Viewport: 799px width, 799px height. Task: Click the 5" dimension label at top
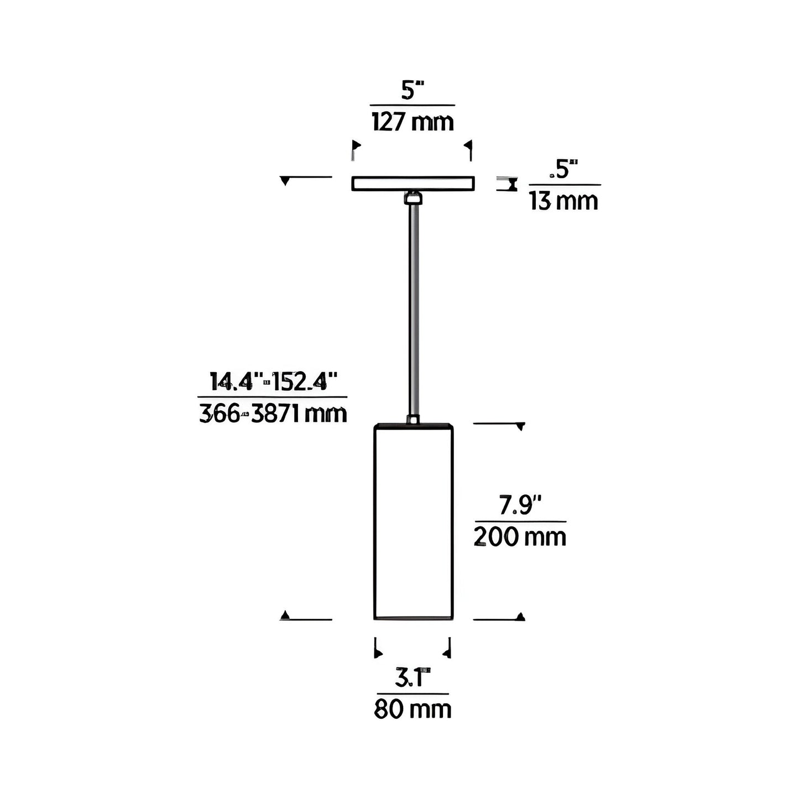[412, 91]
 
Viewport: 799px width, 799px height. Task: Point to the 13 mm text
[563, 201]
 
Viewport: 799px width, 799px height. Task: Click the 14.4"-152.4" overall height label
[273, 382]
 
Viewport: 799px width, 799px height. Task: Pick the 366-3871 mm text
[273, 414]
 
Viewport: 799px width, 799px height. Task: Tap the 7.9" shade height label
[520, 505]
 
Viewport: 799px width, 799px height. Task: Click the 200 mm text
[520, 537]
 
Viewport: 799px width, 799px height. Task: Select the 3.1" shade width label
[413, 678]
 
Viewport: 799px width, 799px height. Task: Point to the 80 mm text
[413, 709]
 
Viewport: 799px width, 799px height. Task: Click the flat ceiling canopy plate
[413, 183]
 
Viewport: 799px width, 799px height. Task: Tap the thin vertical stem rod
[413, 310]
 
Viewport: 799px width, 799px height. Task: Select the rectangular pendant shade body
[413, 523]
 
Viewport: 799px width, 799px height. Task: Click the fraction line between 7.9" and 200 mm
[520, 521]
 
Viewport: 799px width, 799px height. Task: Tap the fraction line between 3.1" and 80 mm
[413, 693]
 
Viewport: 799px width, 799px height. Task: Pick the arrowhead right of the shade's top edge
[520, 426]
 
